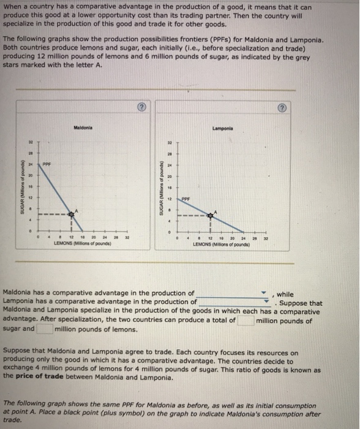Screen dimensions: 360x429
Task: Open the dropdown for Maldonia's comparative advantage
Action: [x=264, y=294]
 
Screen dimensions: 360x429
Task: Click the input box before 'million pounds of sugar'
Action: [x=246, y=320]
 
